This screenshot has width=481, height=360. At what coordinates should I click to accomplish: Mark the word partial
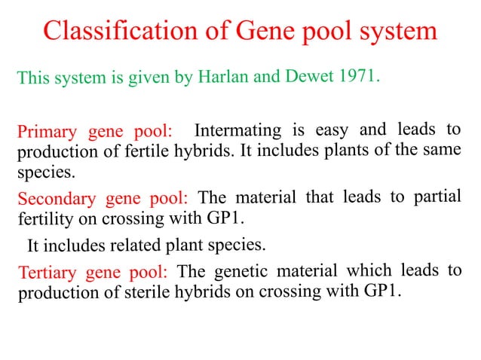tap(434, 196)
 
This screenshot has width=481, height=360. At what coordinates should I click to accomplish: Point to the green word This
tap(33, 78)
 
